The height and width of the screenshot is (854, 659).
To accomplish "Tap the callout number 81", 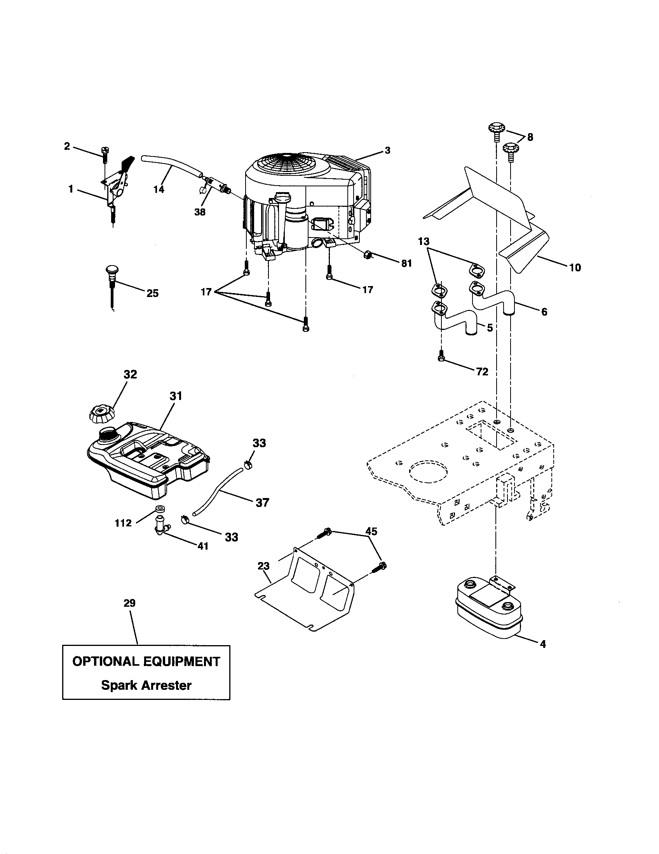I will pyautogui.click(x=406, y=264).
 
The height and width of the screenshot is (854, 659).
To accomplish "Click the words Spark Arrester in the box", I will pyautogui.click(x=146, y=685).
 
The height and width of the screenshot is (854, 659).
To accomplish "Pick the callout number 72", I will pyautogui.click(x=482, y=371).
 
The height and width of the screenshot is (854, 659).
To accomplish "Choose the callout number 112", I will pyautogui.click(x=123, y=523).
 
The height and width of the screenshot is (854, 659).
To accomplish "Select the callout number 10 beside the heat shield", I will pyautogui.click(x=575, y=268).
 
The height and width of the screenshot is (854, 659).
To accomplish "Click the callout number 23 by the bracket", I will pyautogui.click(x=264, y=566).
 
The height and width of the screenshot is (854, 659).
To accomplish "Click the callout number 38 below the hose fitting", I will pyautogui.click(x=200, y=212).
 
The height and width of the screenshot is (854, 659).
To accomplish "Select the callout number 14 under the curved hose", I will pyautogui.click(x=159, y=190).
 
